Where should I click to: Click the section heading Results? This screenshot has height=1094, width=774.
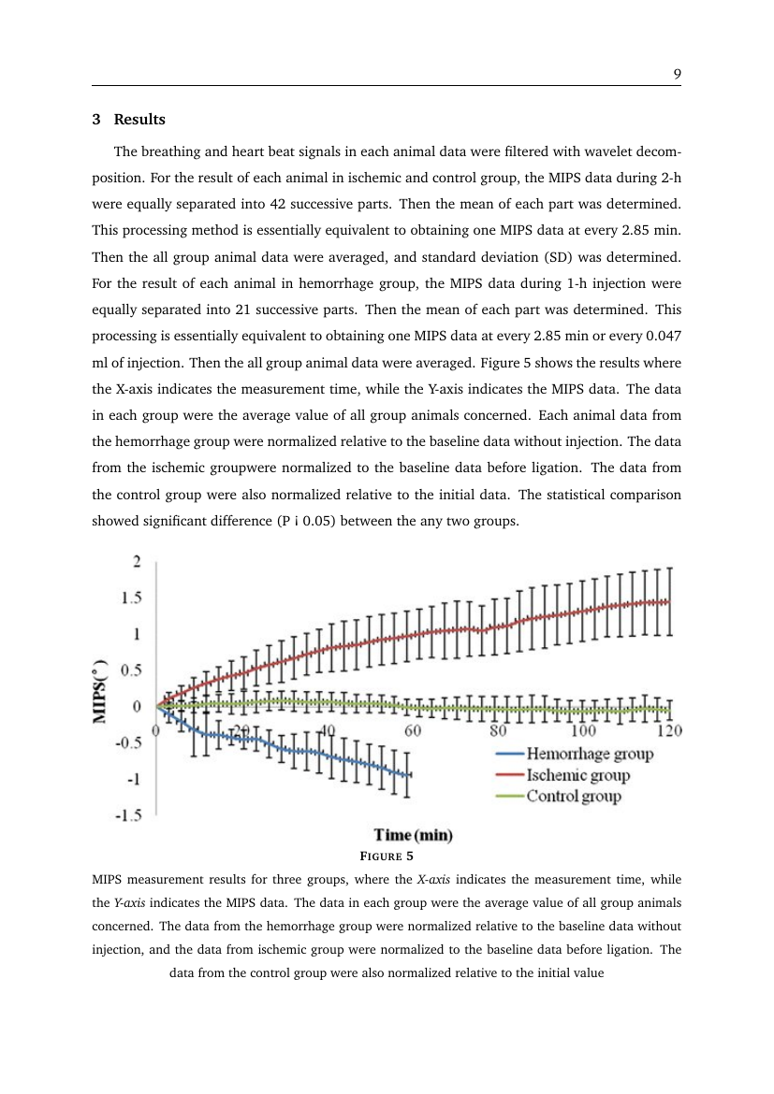tap(139, 120)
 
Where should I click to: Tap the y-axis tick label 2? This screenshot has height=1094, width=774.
tap(137, 562)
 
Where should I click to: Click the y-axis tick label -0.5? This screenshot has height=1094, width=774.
tap(128, 743)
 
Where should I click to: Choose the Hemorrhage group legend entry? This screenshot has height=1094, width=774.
tap(576, 753)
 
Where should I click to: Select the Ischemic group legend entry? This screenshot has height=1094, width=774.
tap(563, 775)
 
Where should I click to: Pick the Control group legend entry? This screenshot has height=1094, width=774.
tap(559, 797)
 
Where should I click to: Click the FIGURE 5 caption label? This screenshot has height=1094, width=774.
tap(387, 856)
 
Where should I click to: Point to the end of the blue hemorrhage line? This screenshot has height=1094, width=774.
tap(407, 774)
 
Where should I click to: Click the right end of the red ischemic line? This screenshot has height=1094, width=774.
tap(668, 601)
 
